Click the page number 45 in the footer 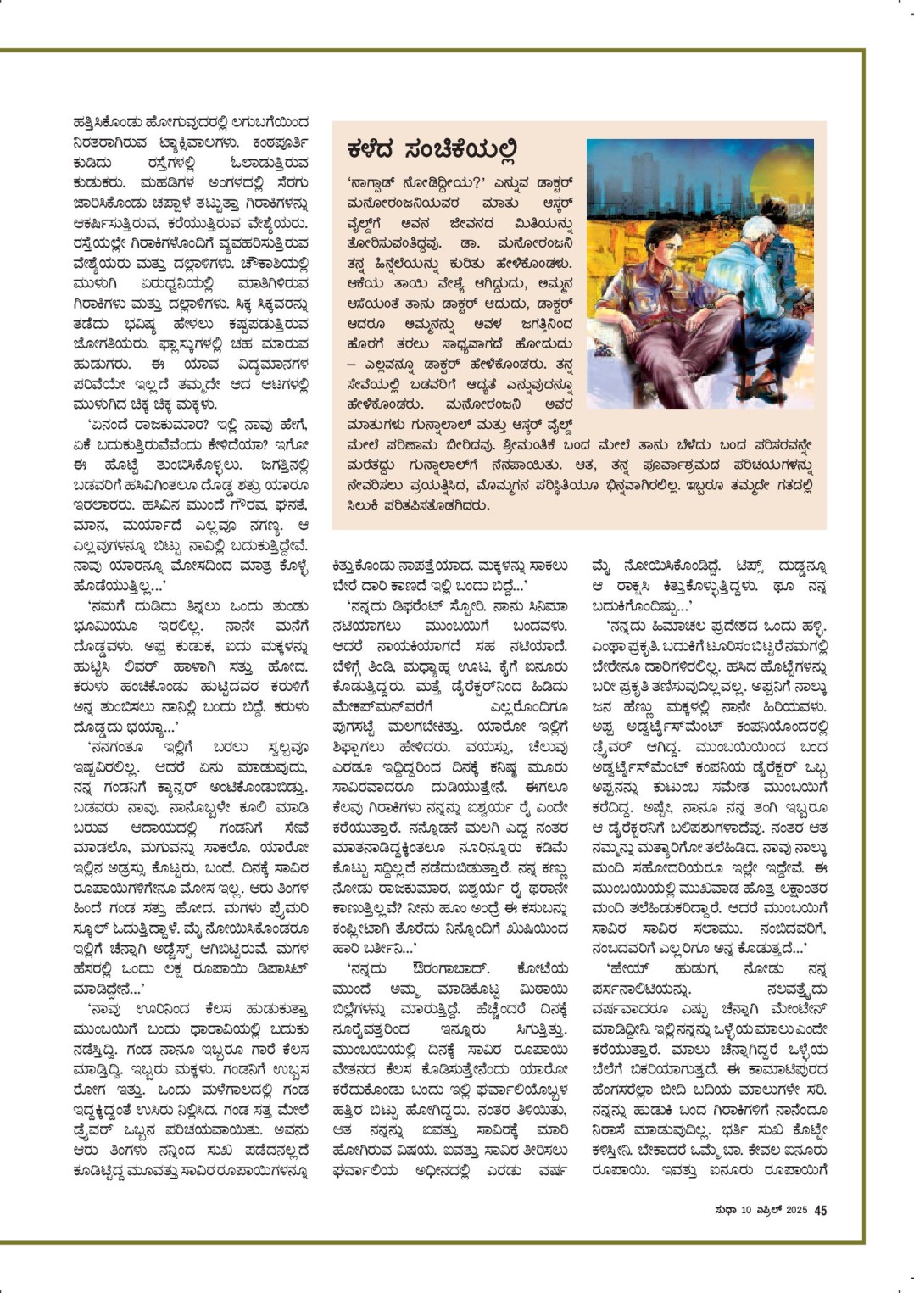pos(820,1210)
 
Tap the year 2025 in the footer pos(795,1211)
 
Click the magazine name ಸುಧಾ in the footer pos(726,1211)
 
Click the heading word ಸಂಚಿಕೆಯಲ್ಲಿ pos(459,150)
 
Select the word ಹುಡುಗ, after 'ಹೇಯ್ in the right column pos(689,968)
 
